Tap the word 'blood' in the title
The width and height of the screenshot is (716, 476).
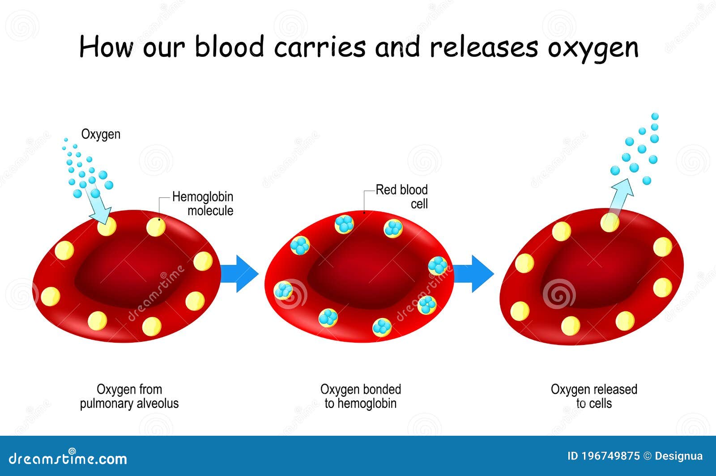(230, 47)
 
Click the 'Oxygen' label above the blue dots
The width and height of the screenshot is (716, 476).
(101, 135)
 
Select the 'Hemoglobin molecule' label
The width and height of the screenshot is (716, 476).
(203, 204)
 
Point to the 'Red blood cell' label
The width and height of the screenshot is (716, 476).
(401, 196)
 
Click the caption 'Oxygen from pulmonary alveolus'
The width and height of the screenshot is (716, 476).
(129, 396)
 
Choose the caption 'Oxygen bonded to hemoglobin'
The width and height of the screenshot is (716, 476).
(361, 396)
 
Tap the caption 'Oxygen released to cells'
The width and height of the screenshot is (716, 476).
(594, 396)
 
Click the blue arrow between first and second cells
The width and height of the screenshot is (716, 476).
(239, 274)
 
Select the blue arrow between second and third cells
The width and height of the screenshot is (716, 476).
(473, 274)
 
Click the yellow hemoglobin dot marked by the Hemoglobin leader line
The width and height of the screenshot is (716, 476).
(156, 227)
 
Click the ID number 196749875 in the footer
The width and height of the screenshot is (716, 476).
(604, 456)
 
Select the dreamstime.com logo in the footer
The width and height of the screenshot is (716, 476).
(68, 458)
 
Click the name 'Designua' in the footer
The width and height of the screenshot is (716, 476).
(678, 456)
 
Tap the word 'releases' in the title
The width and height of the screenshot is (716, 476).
(484, 47)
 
